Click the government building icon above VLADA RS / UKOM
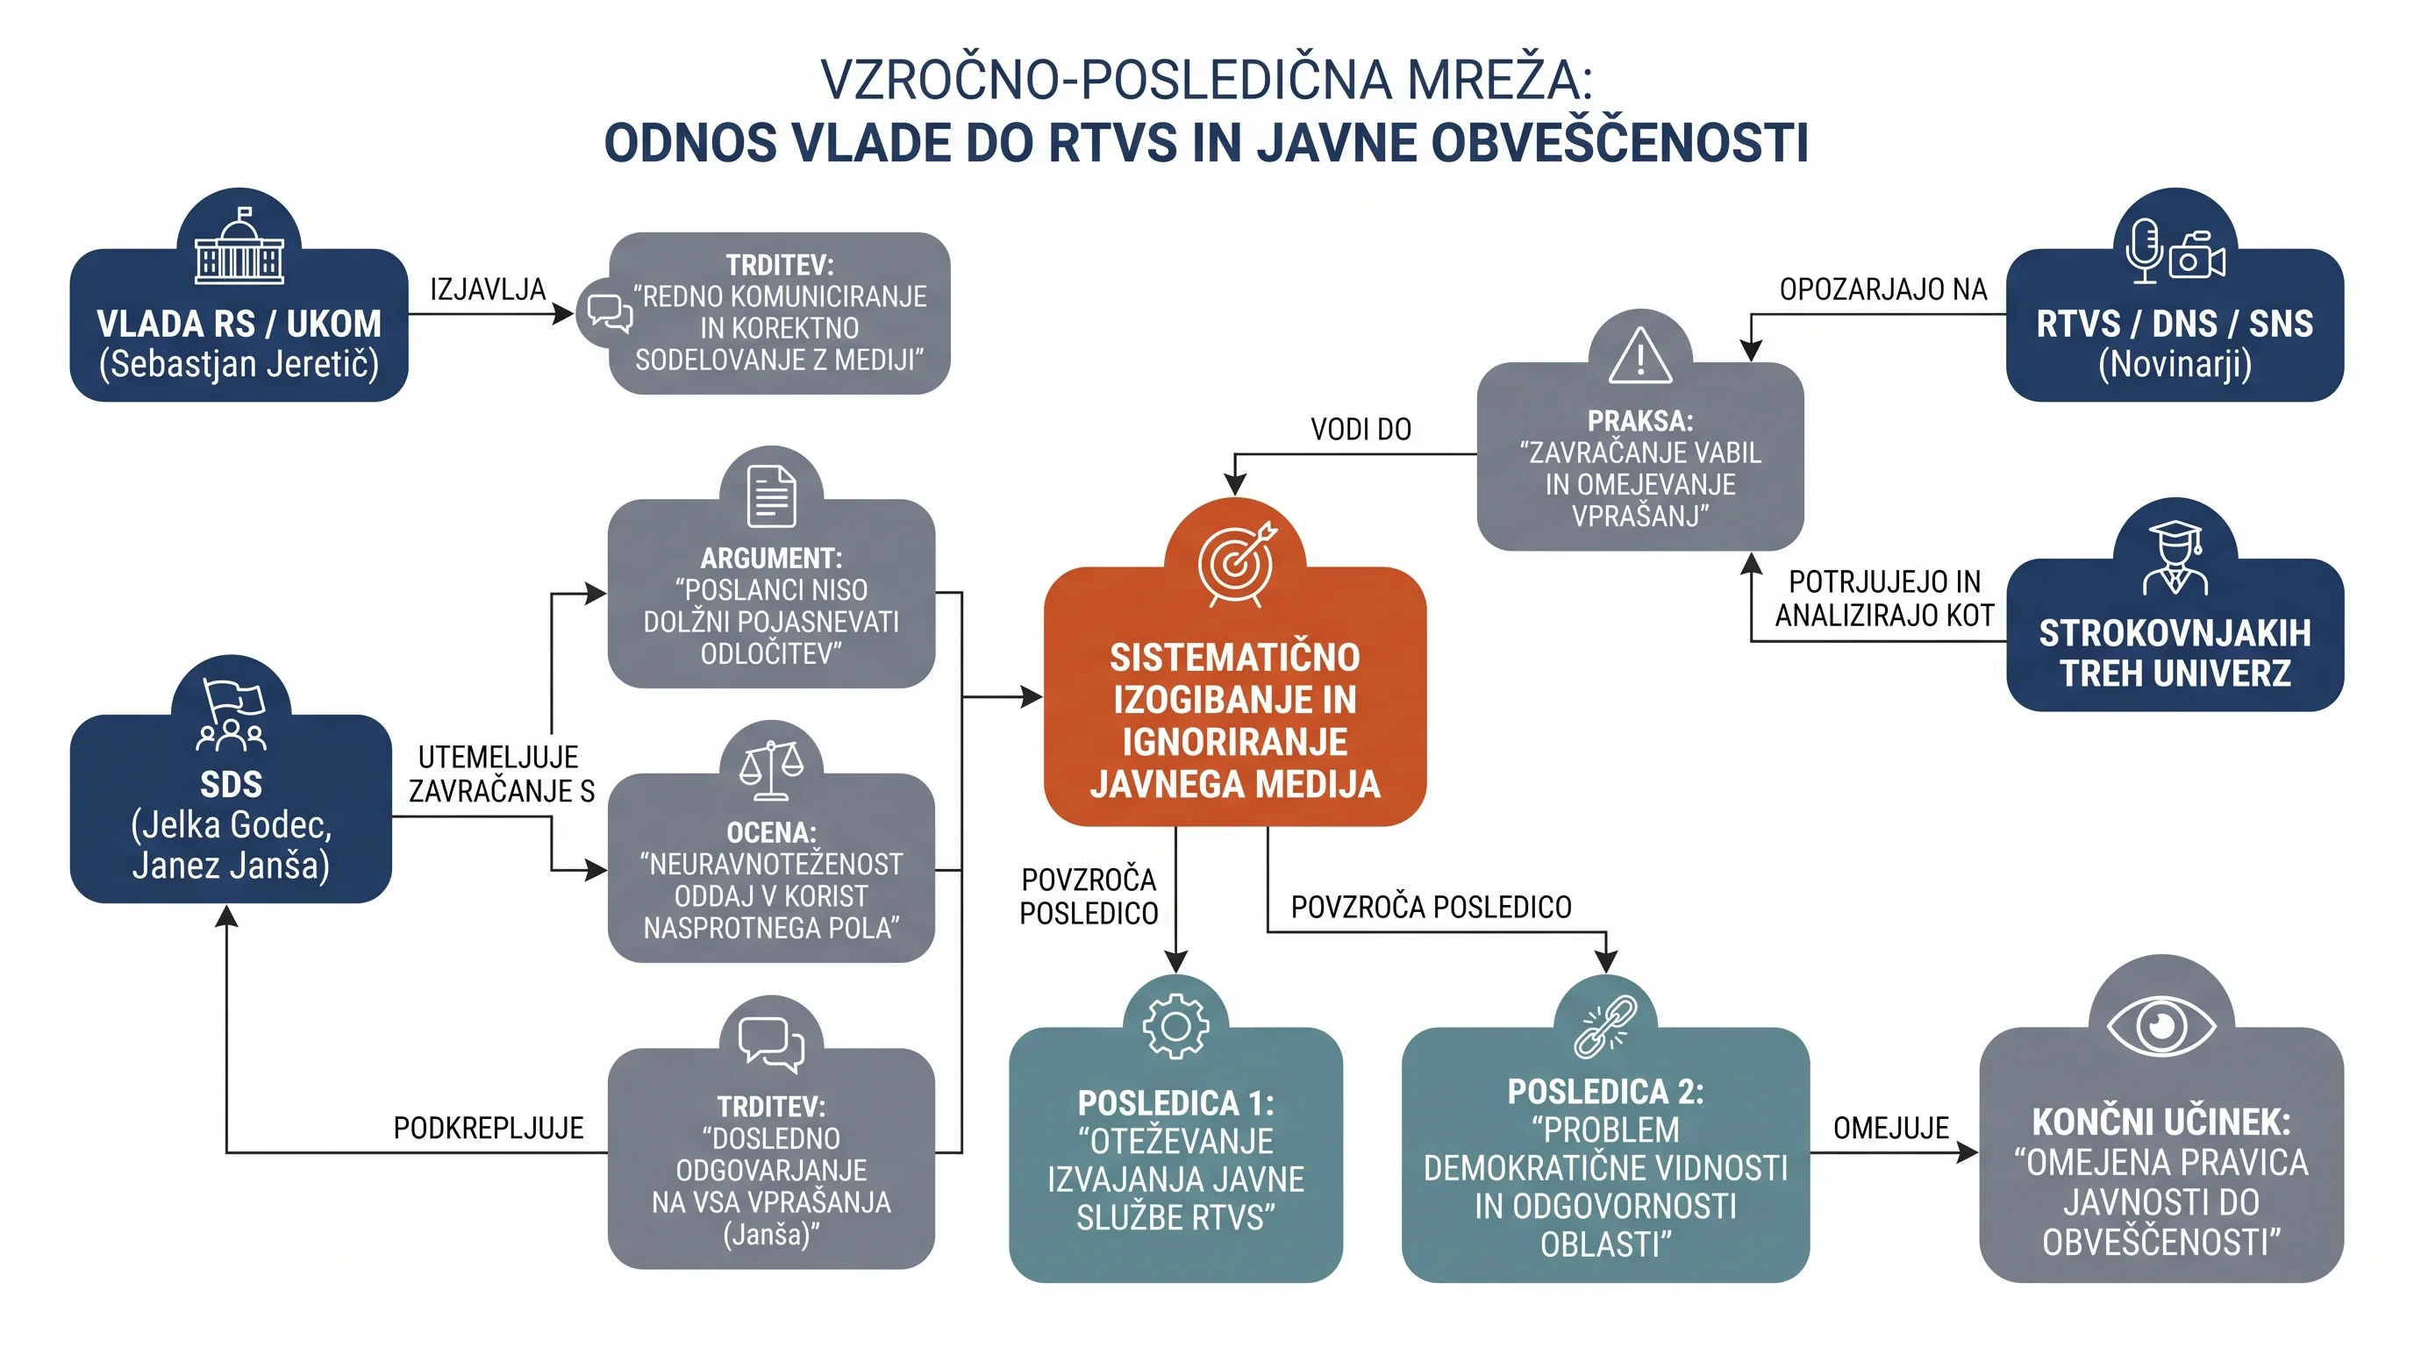pos(239,246)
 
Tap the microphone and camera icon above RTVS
pos(2175,250)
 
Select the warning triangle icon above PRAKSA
pos(1640,355)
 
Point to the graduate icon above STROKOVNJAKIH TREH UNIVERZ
pos(2175,559)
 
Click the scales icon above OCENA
pos(771,770)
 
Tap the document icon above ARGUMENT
pos(771,495)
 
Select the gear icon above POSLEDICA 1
pos(1176,1027)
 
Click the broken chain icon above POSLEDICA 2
pos(1605,1027)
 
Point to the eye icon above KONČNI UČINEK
pos(2161,1025)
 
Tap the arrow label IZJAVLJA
pos(488,289)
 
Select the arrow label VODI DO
pos(1361,429)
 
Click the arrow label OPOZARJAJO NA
pos(1883,289)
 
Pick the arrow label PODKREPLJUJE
pos(489,1128)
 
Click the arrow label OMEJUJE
pos(1891,1128)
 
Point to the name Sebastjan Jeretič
pos(239,363)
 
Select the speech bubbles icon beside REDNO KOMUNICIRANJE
pos(609,313)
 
